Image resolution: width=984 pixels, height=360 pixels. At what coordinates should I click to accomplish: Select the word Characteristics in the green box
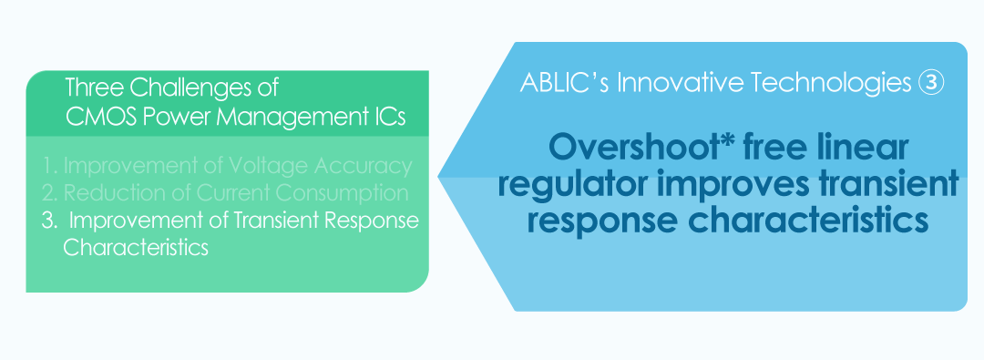point(136,247)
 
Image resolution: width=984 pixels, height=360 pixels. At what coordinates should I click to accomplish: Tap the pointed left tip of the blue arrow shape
point(438,177)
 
